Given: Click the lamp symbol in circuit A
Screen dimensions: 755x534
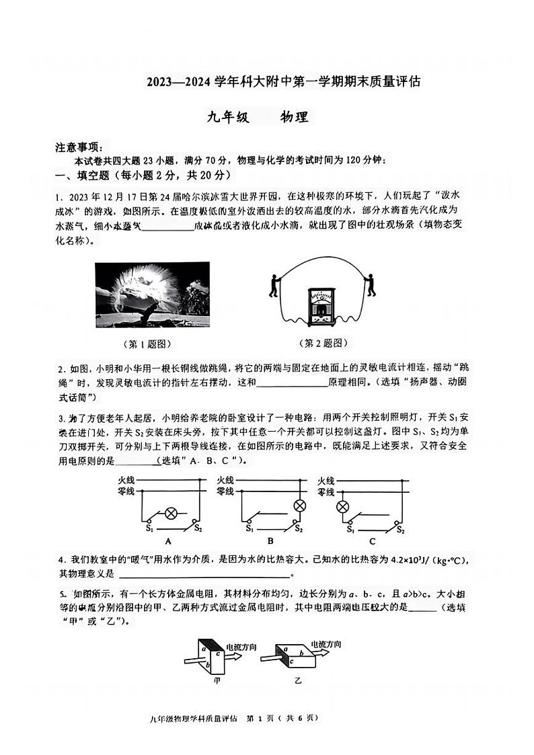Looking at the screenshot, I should (170, 514).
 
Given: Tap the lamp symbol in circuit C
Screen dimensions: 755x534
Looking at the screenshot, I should (343, 506).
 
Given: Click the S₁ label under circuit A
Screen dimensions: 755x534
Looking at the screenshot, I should (149, 528).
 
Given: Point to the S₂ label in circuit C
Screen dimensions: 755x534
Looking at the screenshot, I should (400, 529).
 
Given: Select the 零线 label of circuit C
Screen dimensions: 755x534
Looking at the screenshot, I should (326, 491).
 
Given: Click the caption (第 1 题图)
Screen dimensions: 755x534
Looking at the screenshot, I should (148, 344).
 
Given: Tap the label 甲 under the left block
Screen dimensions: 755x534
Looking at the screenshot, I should (216, 680).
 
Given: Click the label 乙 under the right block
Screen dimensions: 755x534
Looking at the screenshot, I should (298, 680).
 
